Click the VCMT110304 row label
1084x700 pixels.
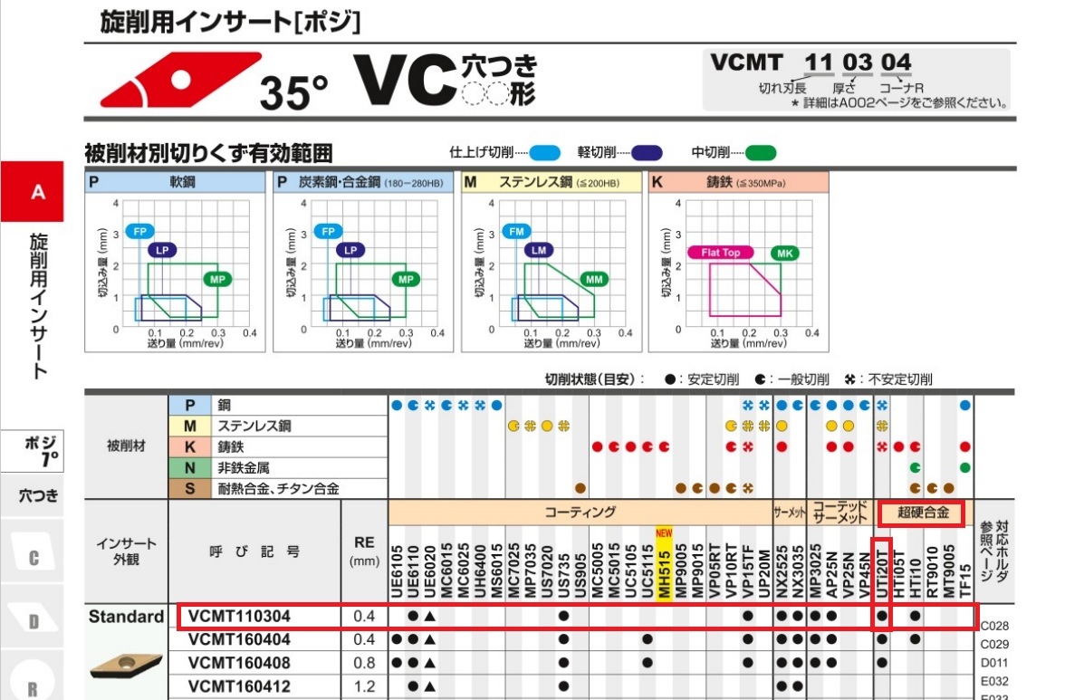[239, 618]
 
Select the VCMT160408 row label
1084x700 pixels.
[239, 662]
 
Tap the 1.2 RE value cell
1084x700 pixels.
[364, 686]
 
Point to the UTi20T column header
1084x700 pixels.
[882, 571]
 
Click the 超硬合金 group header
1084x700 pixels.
[923, 513]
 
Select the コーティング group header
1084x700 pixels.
[580, 512]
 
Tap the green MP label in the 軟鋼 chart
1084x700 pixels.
[217, 279]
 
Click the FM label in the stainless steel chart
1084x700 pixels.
[517, 232]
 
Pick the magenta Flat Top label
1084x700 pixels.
[721, 253]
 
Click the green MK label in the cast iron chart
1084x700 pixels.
[784, 253]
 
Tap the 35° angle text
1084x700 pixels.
[293, 92]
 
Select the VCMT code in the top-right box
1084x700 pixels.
[747, 62]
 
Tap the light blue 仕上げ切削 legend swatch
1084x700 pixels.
[544, 152]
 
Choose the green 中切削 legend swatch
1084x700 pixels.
[761, 152]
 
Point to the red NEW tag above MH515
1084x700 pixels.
[664, 533]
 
